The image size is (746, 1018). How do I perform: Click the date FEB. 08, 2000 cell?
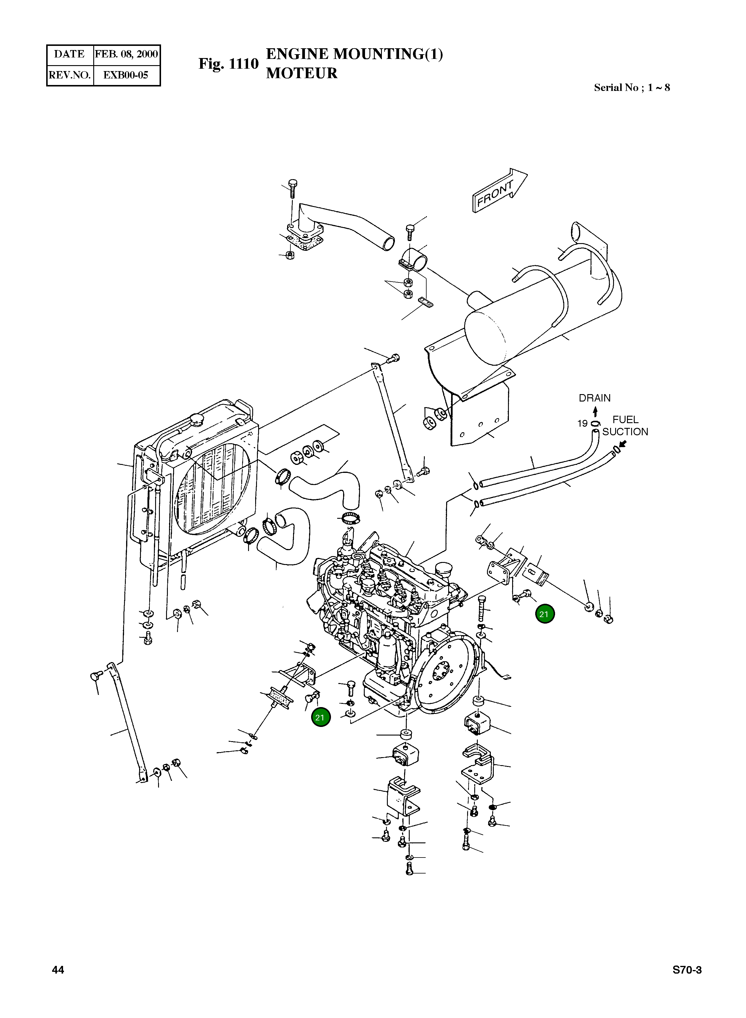click(x=126, y=54)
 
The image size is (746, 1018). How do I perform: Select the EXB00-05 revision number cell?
click(x=126, y=75)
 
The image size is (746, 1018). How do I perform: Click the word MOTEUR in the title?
click(x=302, y=73)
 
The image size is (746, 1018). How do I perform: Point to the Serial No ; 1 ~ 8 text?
click(x=631, y=88)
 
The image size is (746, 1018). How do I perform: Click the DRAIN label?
click(x=594, y=398)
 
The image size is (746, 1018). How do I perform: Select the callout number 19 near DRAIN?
click(x=582, y=423)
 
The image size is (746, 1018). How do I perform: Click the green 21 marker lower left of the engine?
click(x=320, y=717)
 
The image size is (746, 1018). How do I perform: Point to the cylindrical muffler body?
click(x=542, y=321)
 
